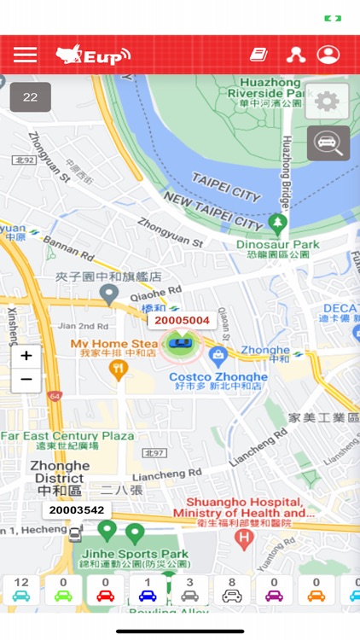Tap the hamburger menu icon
[26, 55]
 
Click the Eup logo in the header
[93, 55]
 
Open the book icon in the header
[258, 55]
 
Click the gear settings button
[327, 102]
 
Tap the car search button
[328, 143]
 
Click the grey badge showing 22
[31, 97]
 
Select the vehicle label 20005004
[182, 320]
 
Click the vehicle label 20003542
[77, 510]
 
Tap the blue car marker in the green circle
[181, 344]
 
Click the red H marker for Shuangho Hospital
[245, 538]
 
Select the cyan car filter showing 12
[21, 590]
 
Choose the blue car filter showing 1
[148, 590]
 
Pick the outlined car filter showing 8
[231, 590]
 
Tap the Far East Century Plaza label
[67, 440]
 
